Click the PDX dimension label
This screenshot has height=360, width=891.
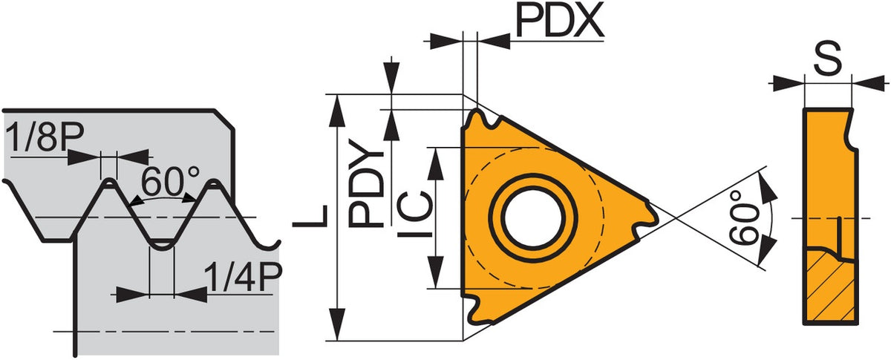point(560,20)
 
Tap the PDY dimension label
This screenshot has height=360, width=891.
point(366,183)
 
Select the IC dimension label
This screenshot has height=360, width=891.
point(415,214)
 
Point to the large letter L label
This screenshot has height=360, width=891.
point(310,216)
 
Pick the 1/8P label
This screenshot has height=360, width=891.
point(45,137)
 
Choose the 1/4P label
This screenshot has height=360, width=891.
point(244,277)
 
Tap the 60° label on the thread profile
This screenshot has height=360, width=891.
point(170,181)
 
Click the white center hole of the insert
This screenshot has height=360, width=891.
point(533,217)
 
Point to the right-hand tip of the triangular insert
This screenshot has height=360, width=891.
point(657,218)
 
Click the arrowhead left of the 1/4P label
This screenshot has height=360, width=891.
point(132,295)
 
